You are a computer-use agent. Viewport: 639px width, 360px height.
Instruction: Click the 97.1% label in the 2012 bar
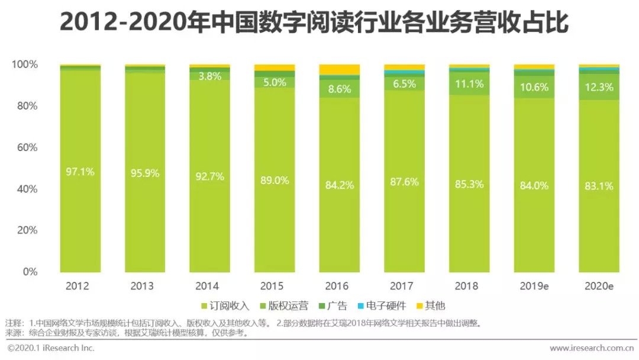80,172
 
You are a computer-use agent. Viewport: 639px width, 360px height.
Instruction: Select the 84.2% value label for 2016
339,185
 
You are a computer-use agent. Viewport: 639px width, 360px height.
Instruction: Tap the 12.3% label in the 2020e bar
599,87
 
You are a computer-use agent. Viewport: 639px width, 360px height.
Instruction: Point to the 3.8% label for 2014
209,76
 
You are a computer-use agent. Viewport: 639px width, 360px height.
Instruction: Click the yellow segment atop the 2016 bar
339,69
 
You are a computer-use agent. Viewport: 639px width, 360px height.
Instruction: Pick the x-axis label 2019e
534,286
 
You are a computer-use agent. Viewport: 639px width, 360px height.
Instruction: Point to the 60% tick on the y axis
24,147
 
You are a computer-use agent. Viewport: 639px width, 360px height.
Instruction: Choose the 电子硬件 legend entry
379,306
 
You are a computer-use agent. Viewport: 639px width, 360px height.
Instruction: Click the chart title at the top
314,24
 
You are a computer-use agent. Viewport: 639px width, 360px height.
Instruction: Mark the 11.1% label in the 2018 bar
469,84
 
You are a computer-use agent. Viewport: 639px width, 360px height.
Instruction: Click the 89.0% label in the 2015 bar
274,181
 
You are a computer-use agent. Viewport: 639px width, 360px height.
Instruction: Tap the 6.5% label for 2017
404,84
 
